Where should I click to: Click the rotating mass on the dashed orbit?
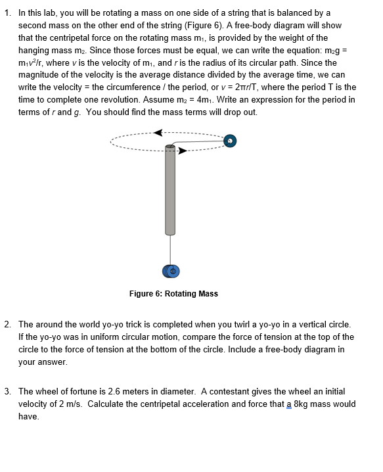(230, 141)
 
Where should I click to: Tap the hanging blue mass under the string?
(171, 271)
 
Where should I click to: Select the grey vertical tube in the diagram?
(170, 191)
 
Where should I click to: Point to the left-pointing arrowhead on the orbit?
(158, 132)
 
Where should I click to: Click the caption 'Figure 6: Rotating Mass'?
(173, 294)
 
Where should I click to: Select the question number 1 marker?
(7, 13)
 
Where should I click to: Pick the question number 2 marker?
(7, 325)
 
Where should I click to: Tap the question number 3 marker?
(7, 392)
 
